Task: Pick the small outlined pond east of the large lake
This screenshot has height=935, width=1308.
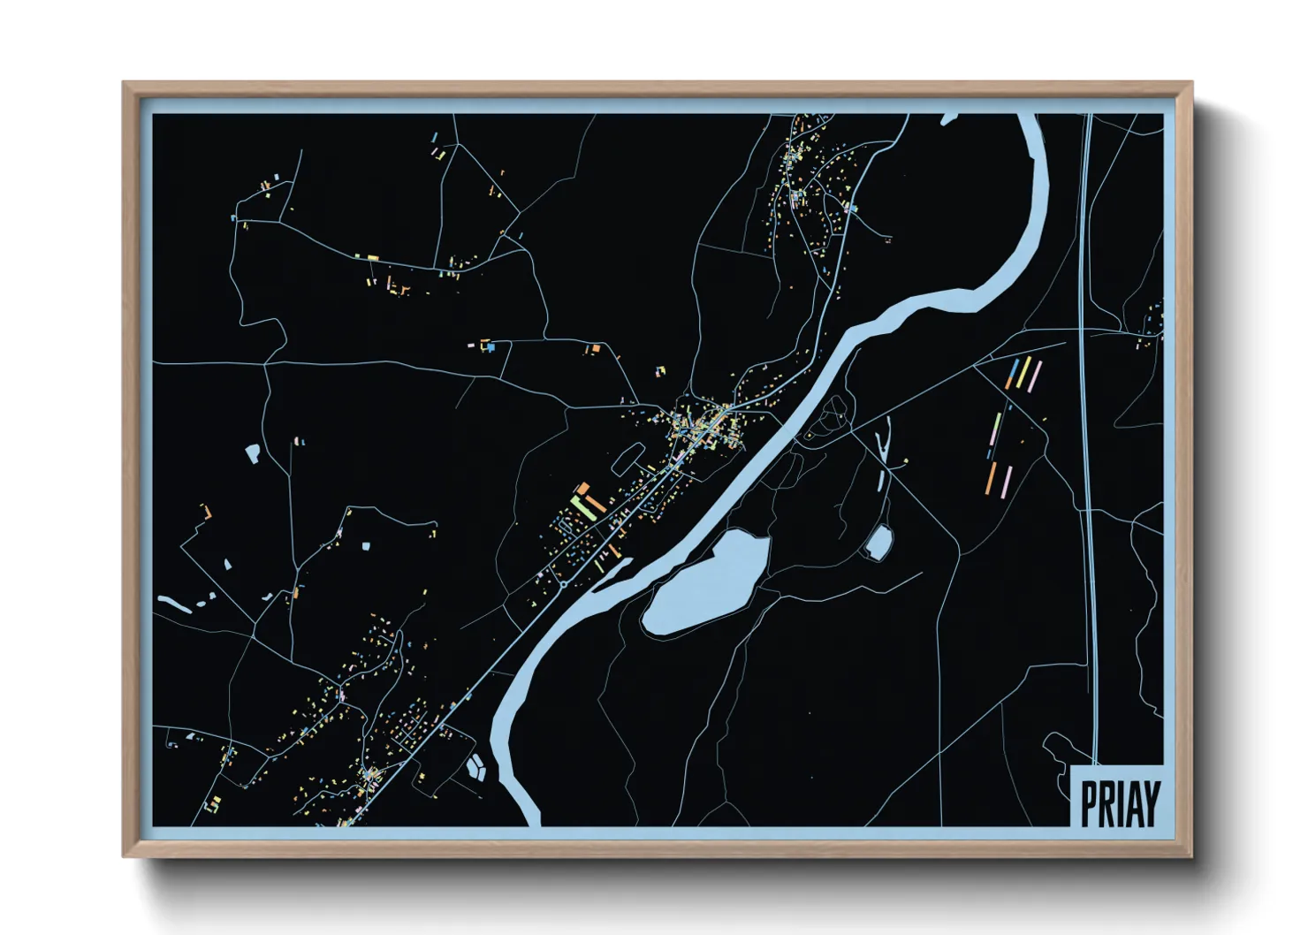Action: (878, 543)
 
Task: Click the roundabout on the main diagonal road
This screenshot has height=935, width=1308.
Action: (563, 584)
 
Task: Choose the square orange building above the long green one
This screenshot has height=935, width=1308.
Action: (583, 488)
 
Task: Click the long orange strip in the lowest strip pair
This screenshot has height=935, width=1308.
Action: (992, 478)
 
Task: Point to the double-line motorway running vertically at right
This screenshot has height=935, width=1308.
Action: (1089, 442)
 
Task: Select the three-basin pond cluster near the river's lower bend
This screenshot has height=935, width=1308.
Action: (476, 766)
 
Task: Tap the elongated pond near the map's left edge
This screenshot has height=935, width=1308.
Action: (175, 604)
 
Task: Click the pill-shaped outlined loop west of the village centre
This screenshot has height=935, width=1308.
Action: (628, 457)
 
